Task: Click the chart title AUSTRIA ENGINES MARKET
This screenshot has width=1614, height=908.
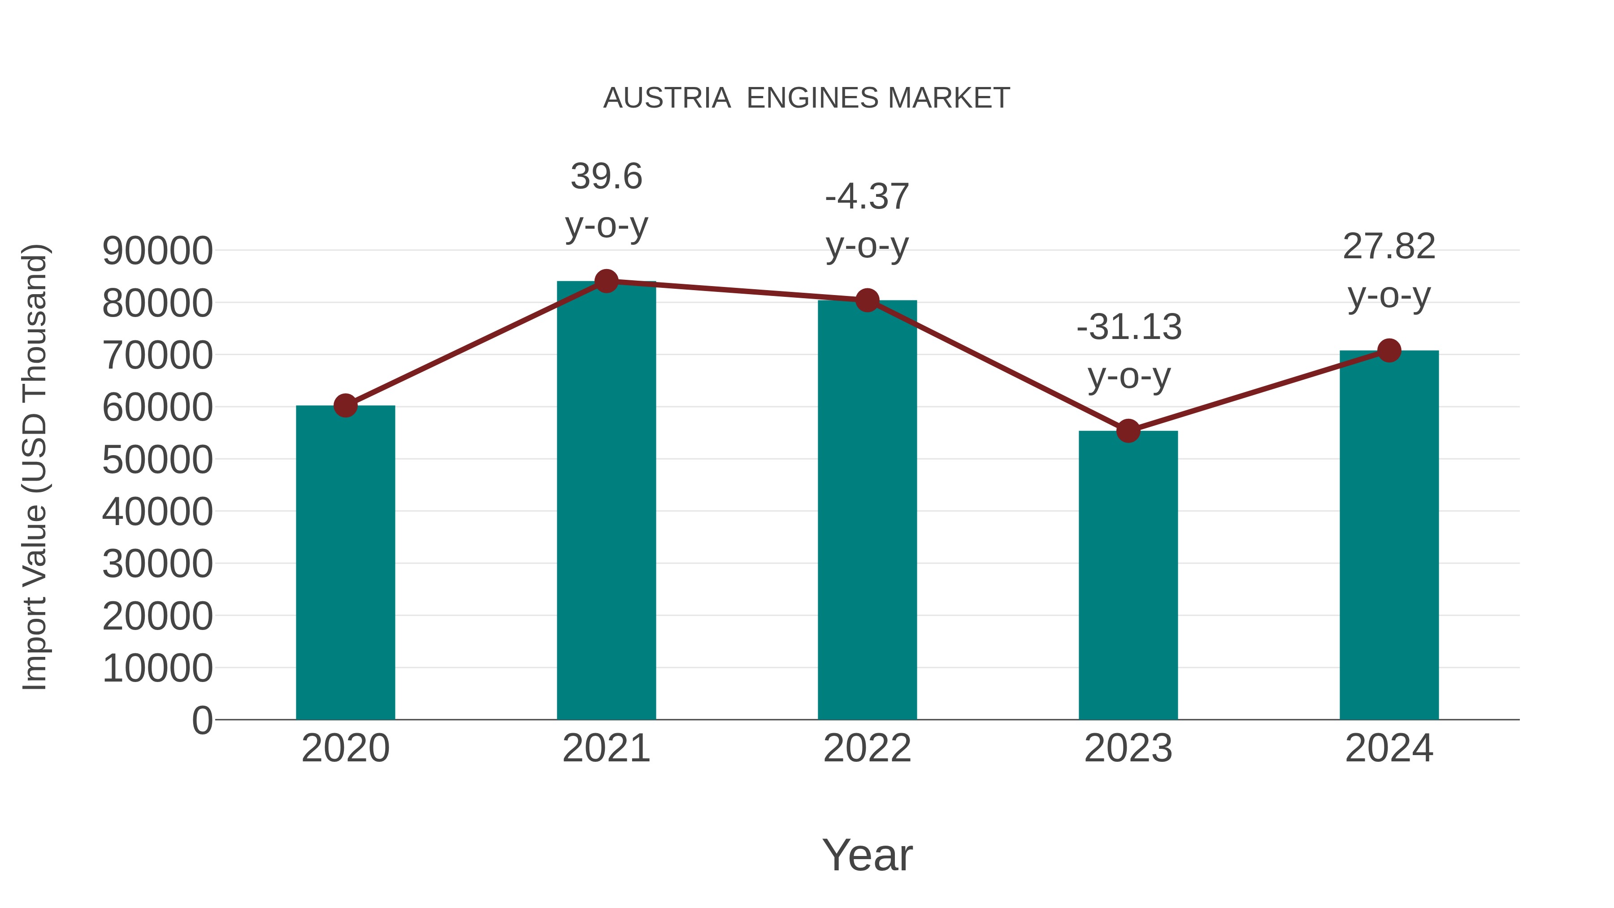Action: (x=807, y=98)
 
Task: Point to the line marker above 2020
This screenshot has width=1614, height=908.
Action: (x=345, y=405)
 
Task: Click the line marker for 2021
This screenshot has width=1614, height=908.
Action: (x=606, y=281)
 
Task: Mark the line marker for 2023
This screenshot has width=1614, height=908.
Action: (x=1128, y=431)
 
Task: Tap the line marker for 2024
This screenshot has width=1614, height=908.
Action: (x=1389, y=350)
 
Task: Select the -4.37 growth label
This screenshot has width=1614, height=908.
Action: (x=867, y=197)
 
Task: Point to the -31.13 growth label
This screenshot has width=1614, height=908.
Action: (x=1128, y=327)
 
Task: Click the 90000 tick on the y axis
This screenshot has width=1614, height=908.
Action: (x=157, y=251)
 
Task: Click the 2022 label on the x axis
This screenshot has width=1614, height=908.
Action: (x=867, y=748)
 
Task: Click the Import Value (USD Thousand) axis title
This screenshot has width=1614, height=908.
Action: (x=35, y=467)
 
